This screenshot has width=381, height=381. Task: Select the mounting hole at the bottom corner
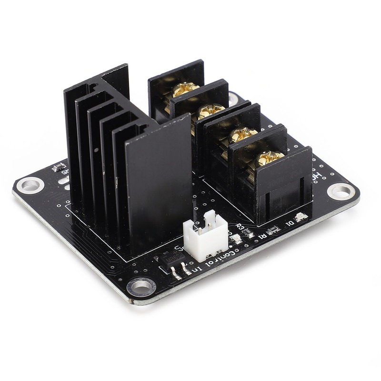[x=141, y=286]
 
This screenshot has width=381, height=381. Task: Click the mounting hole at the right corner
[x=341, y=191]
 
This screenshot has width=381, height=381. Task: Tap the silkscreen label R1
[x=261, y=235]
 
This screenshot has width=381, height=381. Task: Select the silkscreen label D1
[x=289, y=222]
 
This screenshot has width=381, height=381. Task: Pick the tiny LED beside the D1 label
[x=301, y=218]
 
